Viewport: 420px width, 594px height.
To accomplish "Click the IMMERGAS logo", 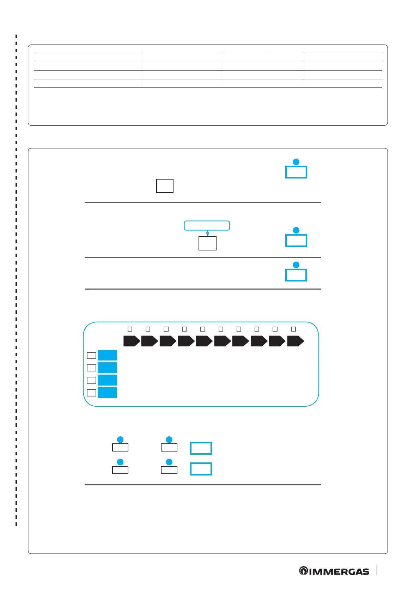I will point(334,571).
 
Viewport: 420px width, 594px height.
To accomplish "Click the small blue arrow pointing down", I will point(207,234).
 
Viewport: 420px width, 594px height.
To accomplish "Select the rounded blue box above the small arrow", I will point(207,225).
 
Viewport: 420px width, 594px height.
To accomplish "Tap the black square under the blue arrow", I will point(207,243).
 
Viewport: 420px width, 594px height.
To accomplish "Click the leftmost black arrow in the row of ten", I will point(132,341).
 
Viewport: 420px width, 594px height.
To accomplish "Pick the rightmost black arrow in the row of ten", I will point(296,341).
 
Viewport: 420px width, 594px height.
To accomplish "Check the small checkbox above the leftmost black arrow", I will point(130,329).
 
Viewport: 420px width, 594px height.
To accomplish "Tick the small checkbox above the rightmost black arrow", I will point(293,329).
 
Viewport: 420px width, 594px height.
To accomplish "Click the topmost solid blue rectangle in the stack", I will point(107,355).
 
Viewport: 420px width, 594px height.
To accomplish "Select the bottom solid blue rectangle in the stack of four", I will point(107,393).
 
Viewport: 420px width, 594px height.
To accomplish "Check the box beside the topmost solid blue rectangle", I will point(91,355).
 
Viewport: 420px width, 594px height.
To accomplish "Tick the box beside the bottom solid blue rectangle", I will point(91,393).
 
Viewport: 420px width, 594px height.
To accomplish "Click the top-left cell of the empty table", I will point(88,57).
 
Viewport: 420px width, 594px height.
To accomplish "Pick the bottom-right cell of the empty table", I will point(342,83).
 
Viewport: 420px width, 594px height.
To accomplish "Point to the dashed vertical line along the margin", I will point(16,282).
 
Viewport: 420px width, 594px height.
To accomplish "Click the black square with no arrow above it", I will point(165,186).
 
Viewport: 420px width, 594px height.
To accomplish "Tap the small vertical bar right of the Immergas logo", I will point(377,571).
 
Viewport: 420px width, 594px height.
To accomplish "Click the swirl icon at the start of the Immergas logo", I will point(303,571).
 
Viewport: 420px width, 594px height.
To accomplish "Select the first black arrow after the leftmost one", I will point(150,341).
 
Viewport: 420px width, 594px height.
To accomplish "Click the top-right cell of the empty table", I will point(342,57).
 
